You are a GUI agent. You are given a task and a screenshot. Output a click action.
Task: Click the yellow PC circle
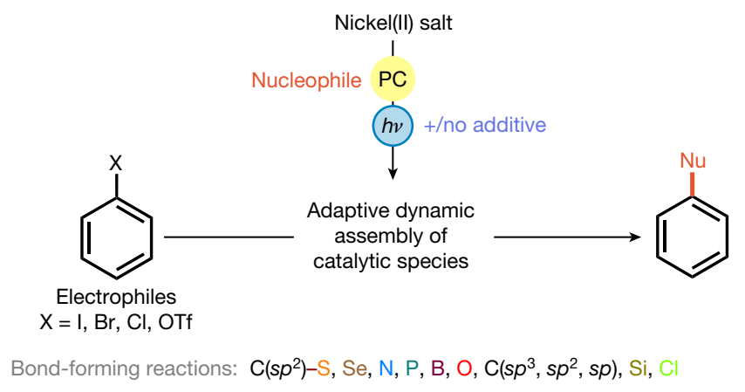point(393,81)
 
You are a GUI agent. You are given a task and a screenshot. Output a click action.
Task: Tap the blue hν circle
point(392,126)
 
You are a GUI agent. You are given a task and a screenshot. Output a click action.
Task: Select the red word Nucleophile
point(306,81)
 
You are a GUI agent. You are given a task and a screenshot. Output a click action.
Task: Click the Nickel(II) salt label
point(393,24)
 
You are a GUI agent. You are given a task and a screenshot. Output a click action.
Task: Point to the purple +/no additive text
point(485,126)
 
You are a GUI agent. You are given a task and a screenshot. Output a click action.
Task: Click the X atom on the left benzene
point(116,162)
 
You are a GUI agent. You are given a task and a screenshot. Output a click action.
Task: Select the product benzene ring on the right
point(692,236)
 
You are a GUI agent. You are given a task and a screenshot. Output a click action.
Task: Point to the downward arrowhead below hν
point(393,173)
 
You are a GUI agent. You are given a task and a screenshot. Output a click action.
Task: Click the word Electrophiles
point(116,298)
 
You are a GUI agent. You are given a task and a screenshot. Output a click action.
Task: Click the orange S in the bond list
point(323,368)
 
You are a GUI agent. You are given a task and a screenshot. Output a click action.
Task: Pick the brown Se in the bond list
point(352,368)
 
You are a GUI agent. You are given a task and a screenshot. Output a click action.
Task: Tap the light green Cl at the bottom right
point(668,368)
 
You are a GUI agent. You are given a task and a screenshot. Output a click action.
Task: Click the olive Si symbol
point(637,368)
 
